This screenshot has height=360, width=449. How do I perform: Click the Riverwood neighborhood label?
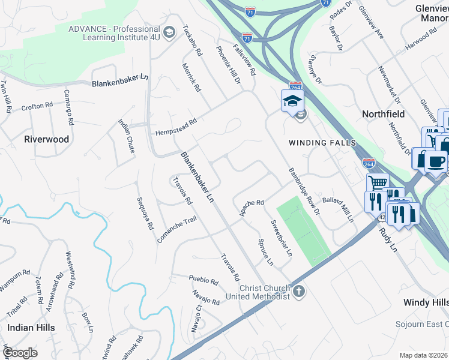tap(46, 139)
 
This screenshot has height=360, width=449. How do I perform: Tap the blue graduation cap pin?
tap(292, 100)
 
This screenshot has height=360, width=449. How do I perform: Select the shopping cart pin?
tap(378, 182)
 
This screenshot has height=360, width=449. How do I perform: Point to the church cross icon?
tap(299, 292)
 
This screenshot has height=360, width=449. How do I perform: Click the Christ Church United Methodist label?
tap(258, 292)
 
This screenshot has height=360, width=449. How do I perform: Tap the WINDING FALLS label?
tap(322, 143)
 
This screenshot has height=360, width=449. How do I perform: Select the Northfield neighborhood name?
tap(383, 114)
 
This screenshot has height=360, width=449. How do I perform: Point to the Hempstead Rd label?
tap(176, 122)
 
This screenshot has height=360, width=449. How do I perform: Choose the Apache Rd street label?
tap(252, 209)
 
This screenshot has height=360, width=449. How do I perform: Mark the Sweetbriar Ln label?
tap(281, 238)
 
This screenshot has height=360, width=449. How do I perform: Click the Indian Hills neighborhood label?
tap(31, 328)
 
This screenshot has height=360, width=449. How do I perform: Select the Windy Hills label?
tap(425, 302)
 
